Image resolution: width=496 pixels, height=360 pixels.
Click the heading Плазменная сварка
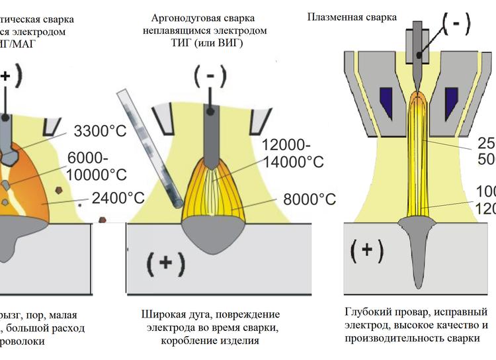352,17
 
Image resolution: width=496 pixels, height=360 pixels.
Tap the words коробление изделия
210,340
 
